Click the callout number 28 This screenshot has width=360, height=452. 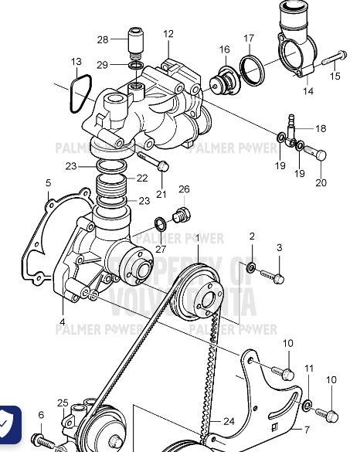click(x=103, y=39)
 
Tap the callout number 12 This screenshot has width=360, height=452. click(x=168, y=34)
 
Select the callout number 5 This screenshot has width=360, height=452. click(x=48, y=182)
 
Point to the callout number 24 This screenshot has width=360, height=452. click(x=229, y=422)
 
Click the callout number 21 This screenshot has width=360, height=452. click(x=161, y=193)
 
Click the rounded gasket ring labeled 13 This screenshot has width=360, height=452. click(x=80, y=93)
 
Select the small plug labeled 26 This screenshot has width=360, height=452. click(x=184, y=213)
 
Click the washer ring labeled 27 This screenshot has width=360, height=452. click(x=159, y=225)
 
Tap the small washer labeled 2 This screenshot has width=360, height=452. click(x=251, y=267)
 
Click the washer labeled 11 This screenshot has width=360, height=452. click(x=308, y=404)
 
